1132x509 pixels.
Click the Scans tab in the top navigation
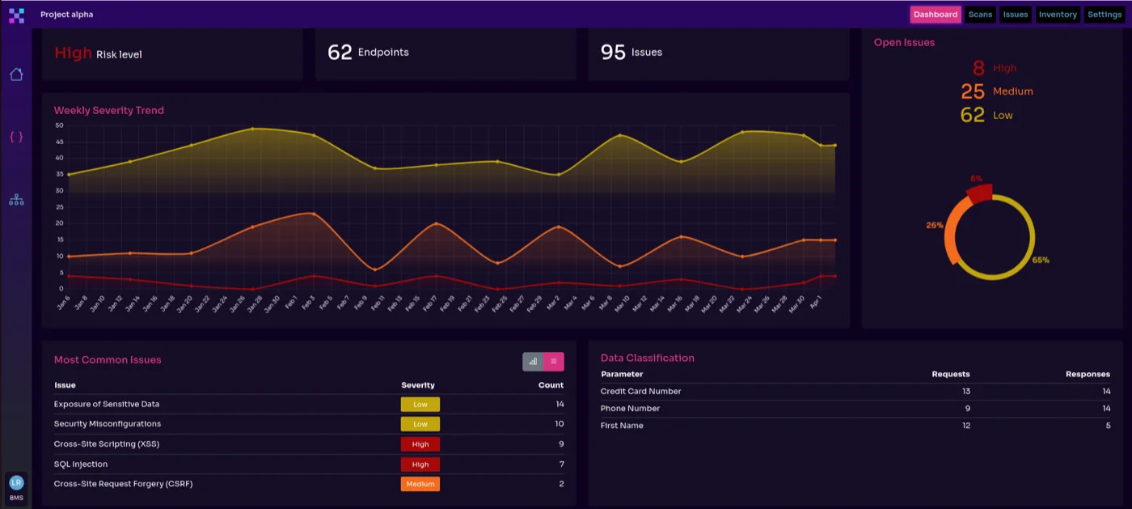[980, 15]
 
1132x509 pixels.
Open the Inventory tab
[1058, 15]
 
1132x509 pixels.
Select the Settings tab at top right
[1105, 15]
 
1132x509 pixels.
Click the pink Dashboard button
[935, 15]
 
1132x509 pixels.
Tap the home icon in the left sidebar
[16, 74]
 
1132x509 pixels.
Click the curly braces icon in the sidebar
[16, 137]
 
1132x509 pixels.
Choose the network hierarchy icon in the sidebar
[16, 199]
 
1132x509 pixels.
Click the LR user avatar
[16, 482]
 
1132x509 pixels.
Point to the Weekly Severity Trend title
[108, 110]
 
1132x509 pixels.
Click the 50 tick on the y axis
[59, 125]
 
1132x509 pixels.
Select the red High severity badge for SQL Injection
[420, 464]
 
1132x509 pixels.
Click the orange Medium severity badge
[420, 484]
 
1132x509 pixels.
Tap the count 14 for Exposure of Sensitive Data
[560, 404]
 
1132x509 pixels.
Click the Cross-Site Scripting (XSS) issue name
[107, 443]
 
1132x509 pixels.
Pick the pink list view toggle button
[554, 362]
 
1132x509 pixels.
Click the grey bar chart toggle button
[533, 362]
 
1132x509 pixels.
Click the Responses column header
[1088, 374]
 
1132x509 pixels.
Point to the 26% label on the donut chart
[935, 225]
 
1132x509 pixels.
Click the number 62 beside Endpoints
[340, 53]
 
